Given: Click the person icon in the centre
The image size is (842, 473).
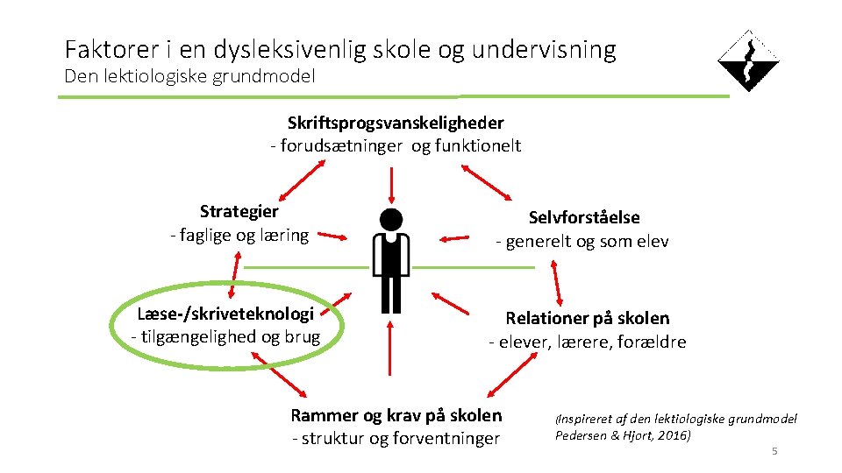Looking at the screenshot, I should (x=391, y=260).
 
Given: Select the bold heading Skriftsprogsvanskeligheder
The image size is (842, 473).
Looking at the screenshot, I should (x=396, y=124).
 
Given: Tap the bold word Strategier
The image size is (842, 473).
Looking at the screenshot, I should (x=239, y=211).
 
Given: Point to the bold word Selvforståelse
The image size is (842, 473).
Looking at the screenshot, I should (x=584, y=217).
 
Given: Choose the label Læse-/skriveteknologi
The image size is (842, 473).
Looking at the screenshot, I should (x=225, y=314).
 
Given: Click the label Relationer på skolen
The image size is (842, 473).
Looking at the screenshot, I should (x=587, y=318).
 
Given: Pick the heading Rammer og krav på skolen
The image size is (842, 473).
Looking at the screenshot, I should (x=396, y=415).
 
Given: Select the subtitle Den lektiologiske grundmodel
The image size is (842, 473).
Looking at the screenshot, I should (x=189, y=76).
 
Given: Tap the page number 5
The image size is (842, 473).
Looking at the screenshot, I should (x=774, y=451).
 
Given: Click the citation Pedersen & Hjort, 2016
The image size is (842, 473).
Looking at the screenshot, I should (x=623, y=434).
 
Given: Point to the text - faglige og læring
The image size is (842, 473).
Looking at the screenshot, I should (x=239, y=235).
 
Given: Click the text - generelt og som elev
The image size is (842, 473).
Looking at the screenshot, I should (x=582, y=242).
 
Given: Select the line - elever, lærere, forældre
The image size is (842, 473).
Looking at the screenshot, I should (x=587, y=342).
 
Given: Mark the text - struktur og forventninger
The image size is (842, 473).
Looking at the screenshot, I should (x=396, y=439).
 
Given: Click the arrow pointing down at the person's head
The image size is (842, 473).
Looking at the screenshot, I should (x=391, y=185).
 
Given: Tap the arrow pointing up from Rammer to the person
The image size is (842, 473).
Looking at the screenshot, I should (x=390, y=360).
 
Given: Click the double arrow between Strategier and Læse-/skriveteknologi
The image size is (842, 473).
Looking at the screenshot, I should (x=234, y=275).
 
